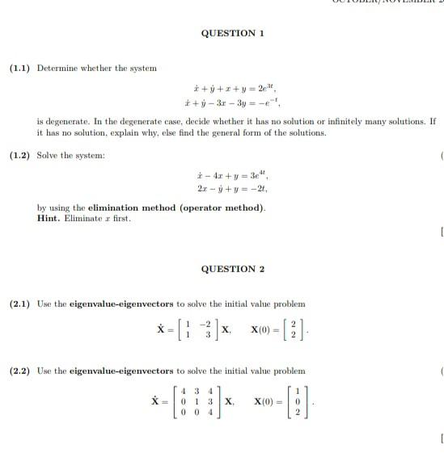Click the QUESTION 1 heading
232,33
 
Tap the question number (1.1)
19,68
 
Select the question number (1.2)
19,154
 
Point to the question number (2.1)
19,304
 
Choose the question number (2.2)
19,371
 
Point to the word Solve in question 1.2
49,154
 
